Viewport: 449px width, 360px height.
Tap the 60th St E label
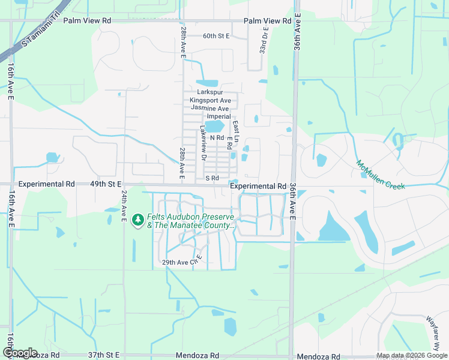pos(216,36)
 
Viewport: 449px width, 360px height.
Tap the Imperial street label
pos(218,116)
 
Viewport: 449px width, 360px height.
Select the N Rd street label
pos(216,137)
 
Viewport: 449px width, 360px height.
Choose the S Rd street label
pos(212,178)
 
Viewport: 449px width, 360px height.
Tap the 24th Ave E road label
pos(124,205)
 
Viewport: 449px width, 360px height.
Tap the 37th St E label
pos(104,355)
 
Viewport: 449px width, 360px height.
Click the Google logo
pos(20,353)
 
